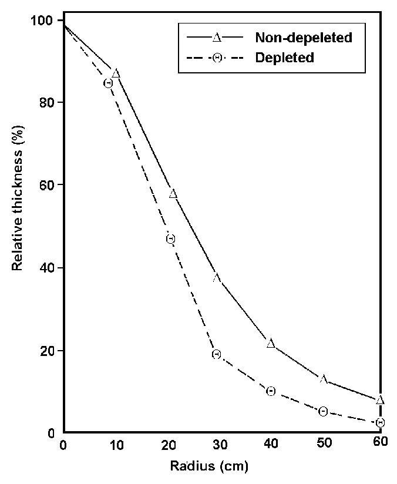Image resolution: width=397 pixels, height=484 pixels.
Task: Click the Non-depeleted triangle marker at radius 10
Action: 116,73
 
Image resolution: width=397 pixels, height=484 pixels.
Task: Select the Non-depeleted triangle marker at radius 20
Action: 173,194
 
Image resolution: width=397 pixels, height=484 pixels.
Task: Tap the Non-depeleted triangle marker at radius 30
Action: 217,277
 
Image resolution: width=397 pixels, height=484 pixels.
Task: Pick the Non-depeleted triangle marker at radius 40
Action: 271,343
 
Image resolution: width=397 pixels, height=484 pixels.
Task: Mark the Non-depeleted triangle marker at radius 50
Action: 324,379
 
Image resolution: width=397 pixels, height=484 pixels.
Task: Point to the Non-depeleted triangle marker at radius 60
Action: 380,400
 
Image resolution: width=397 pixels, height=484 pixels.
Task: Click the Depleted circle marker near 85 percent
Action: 108,83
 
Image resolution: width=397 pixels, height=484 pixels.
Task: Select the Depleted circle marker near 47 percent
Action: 170,239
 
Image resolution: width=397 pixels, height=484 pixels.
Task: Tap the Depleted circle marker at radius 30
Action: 216,354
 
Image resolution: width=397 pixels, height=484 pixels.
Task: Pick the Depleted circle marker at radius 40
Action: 271,391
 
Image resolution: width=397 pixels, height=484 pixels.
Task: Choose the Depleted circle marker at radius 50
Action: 323,411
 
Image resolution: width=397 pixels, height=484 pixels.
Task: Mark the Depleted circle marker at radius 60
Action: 380,422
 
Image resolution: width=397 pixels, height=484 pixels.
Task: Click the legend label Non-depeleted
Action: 303,38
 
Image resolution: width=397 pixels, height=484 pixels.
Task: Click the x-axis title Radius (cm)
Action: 210,467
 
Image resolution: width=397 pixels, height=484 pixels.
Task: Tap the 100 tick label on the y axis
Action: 46,21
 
